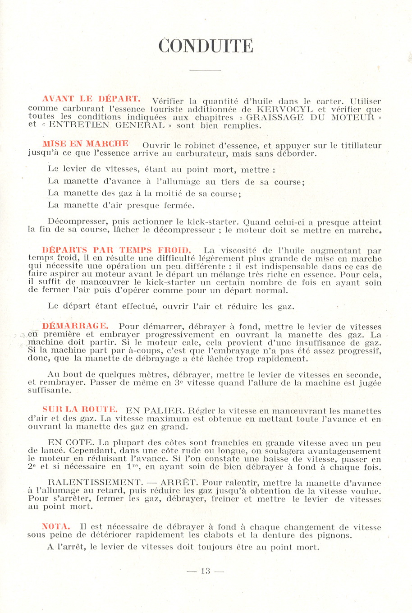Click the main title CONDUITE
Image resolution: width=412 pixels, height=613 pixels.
pos(206,46)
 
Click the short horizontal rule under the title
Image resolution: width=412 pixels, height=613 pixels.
pos(206,70)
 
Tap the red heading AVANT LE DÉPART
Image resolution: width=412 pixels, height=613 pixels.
pos(91,98)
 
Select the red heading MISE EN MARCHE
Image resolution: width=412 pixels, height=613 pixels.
pos(85,144)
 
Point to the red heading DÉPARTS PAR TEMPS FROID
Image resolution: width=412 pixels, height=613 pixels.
pos(116,250)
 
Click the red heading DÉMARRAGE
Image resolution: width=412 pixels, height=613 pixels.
pos(75,326)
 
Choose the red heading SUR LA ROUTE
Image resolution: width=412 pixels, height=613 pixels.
pos(80,409)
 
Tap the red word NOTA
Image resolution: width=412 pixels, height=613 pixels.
pos(56,526)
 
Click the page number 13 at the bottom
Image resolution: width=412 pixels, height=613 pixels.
pos(206,571)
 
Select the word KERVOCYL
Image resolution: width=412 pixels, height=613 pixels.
pos(284,109)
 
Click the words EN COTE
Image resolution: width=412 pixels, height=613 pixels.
pos(70,443)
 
